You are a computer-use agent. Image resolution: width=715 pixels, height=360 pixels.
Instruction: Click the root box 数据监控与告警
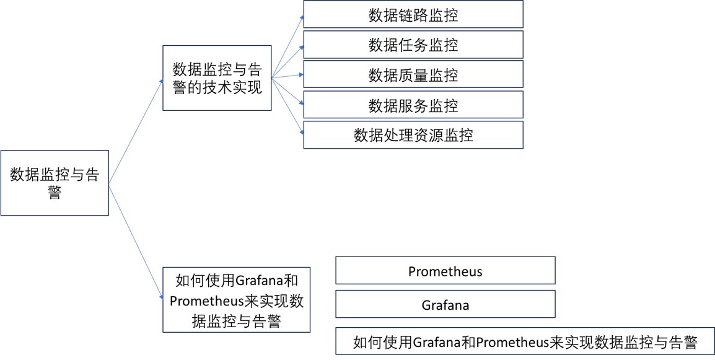pyautogui.click(x=55, y=183)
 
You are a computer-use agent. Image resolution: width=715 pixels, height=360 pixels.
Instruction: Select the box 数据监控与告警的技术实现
pyautogui.click(x=217, y=78)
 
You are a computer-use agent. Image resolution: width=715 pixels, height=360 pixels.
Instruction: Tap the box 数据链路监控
pyautogui.click(x=413, y=15)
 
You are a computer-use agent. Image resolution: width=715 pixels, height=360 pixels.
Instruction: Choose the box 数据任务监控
pyautogui.click(x=413, y=45)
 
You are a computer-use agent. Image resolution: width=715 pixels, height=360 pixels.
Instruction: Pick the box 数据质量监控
pyautogui.click(x=413, y=75)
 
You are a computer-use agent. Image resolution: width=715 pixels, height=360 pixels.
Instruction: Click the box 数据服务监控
pyautogui.click(x=413, y=105)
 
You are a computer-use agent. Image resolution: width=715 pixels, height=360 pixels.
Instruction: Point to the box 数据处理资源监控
pyautogui.click(x=413, y=135)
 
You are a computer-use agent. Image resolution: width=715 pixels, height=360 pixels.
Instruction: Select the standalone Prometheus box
pyautogui.click(x=445, y=271)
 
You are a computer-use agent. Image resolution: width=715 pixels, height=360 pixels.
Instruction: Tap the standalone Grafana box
pyautogui.click(x=445, y=305)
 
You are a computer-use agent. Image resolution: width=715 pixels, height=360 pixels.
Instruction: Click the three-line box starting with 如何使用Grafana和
pyautogui.click(x=236, y=301)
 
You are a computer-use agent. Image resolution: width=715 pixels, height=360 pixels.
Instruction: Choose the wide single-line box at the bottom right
pyautogui.click(x=525, y=342)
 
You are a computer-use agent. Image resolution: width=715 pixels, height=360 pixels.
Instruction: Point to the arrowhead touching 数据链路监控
pyautogui.click(x=302, y=17)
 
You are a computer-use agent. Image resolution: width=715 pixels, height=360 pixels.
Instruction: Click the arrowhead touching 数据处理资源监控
pyautogui.click(x=302, y=131)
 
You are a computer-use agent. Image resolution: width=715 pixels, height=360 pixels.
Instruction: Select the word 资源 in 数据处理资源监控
pyautogui.click(x=428, y=135)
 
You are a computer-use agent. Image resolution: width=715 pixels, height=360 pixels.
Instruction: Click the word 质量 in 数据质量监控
pyautogui.click(x=413, y=75)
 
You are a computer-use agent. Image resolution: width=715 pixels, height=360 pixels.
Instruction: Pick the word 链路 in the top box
pyautogui.click(x=413, y=15)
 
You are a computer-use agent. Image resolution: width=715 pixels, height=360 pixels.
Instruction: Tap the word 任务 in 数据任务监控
pyautogui.click(x=413, y=45)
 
